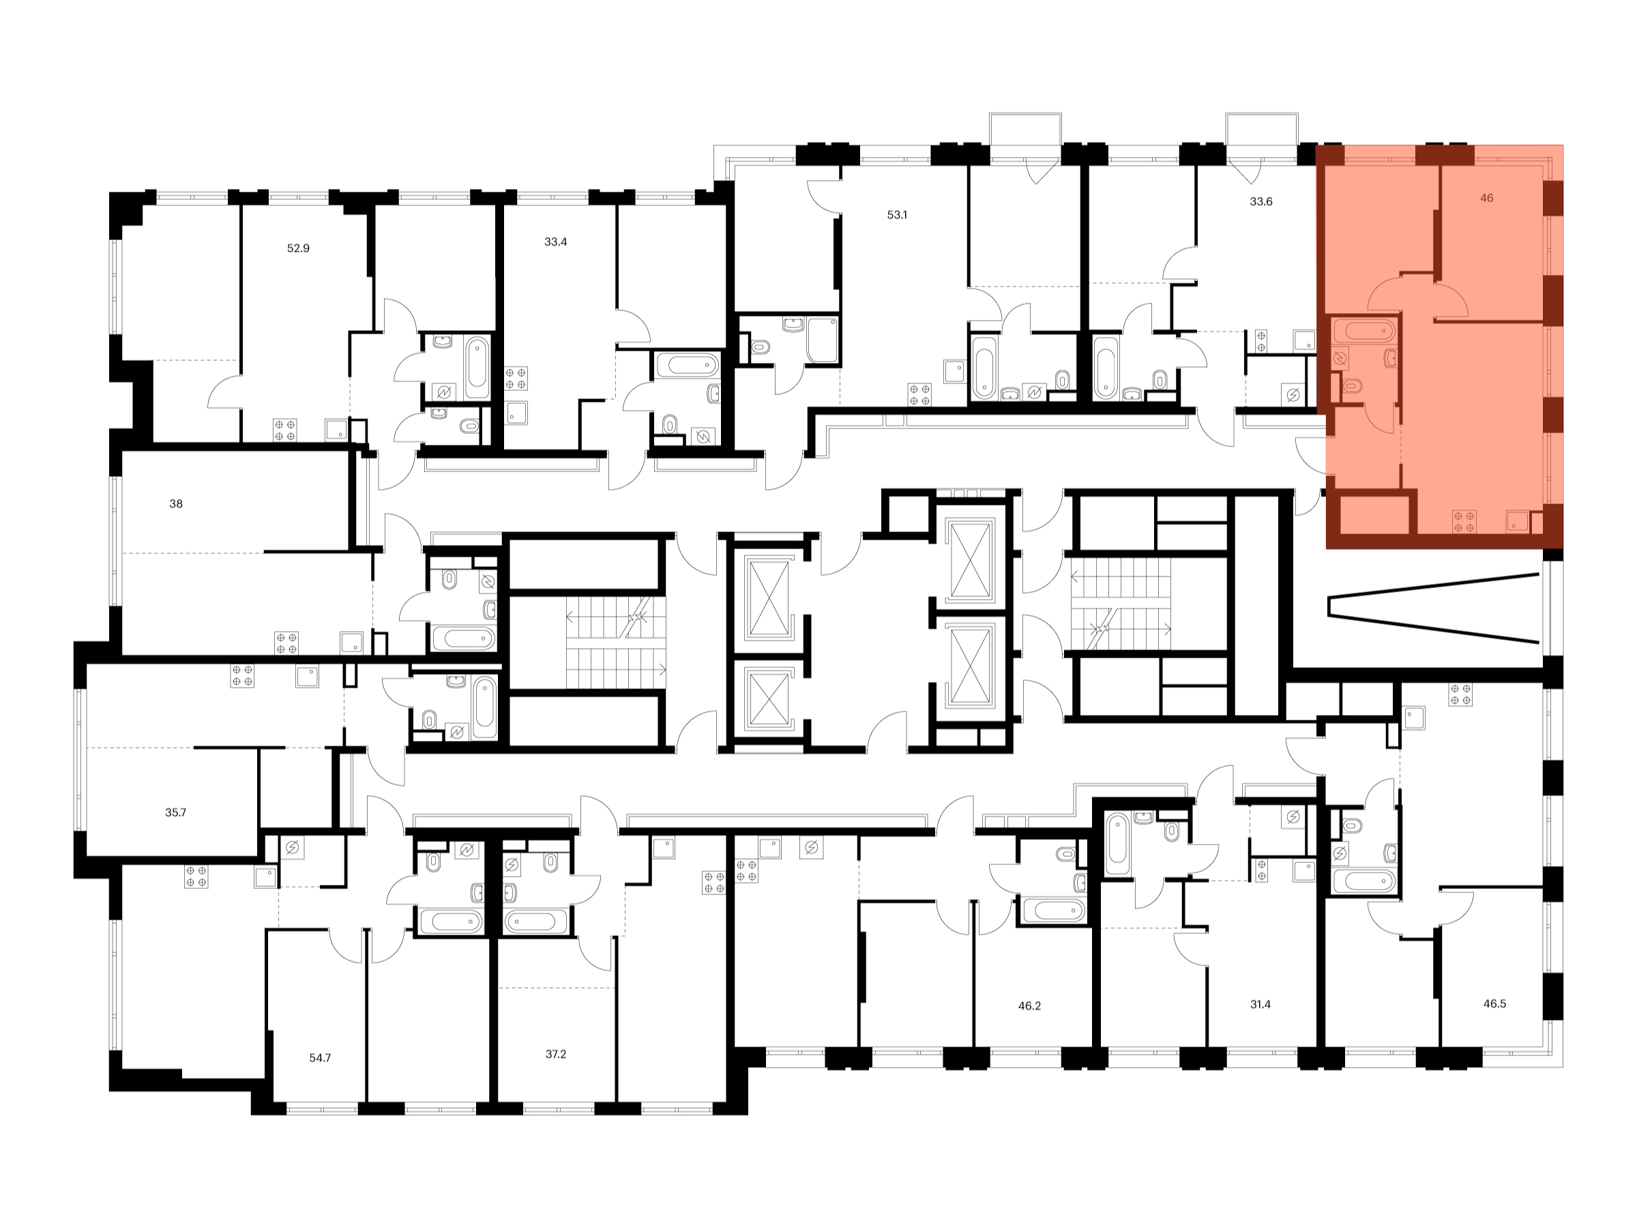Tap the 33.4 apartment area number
point(555,242)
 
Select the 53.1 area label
point(897,216)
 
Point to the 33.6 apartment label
point(1261,201)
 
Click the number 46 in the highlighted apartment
point(1487,199)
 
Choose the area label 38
point(176,504)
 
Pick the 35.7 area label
point(175,813)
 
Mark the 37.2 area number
point(555,1054)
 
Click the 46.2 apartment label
point(1029,1007)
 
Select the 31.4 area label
point(1260,1005)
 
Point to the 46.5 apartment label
point(1494,1004)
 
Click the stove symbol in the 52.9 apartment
point(285,430)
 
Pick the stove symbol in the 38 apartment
point(286,643)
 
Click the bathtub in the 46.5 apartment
point(1363,881)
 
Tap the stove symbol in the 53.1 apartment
point(921,394)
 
